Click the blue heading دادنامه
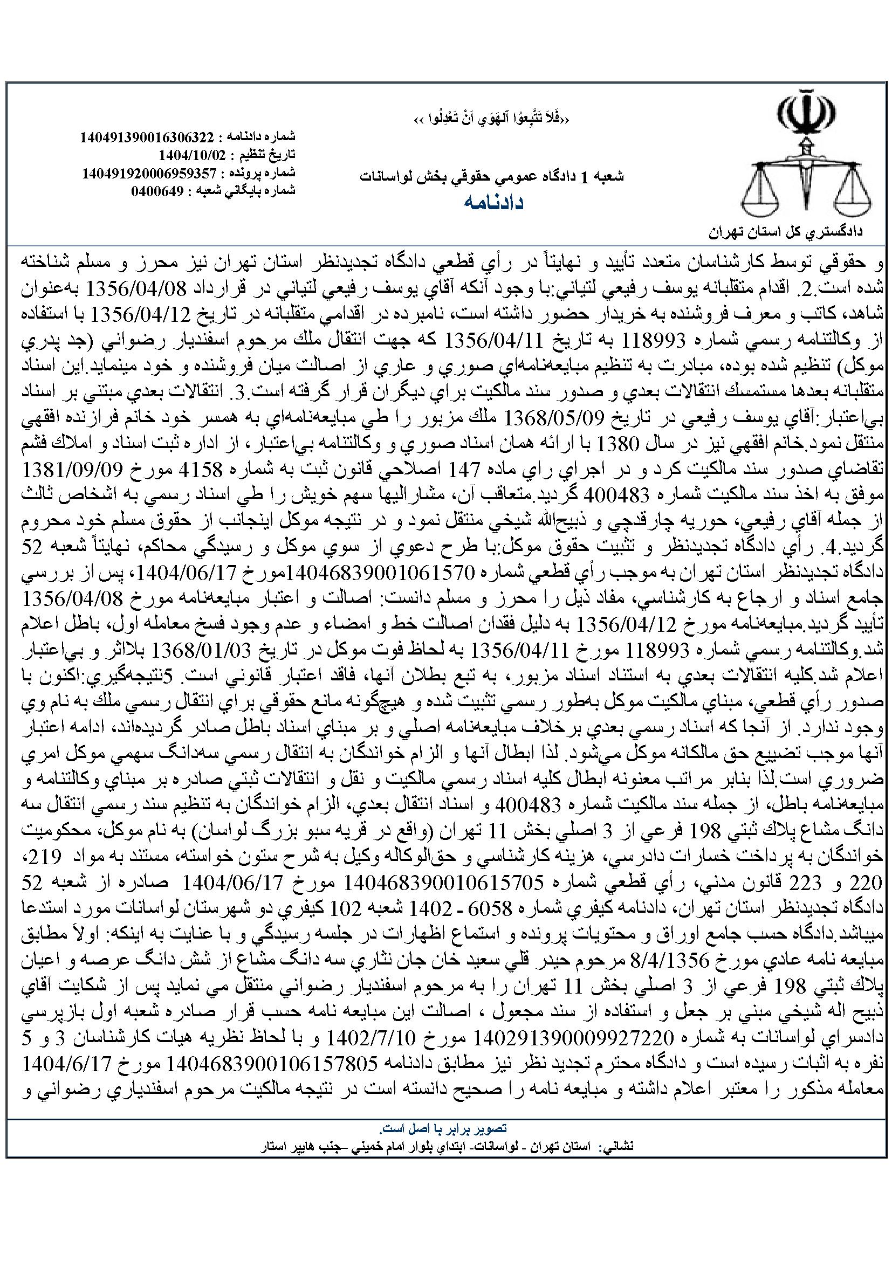coord(494,203)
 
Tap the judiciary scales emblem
coord(806,159)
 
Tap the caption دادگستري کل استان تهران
coord(786,233)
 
